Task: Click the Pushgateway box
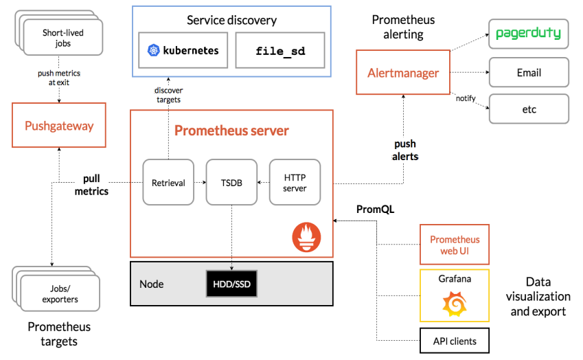coord(59,125)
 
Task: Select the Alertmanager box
coord(403,72)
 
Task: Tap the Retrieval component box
coord(168,182)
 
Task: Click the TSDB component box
coord(231,182)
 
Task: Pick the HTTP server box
coord(295,182)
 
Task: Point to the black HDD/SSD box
coord(232,283)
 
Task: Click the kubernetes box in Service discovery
coord(183,50)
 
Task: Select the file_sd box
coord(280,50)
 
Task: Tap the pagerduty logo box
coord(529,34)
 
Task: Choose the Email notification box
coord(529,72)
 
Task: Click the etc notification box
coord(529,109)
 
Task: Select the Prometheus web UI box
coord(455,245)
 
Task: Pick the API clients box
coord(455,341)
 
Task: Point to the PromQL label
coord(375,208)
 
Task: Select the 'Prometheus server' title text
coord(231,131)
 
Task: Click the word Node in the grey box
coord(151,284)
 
